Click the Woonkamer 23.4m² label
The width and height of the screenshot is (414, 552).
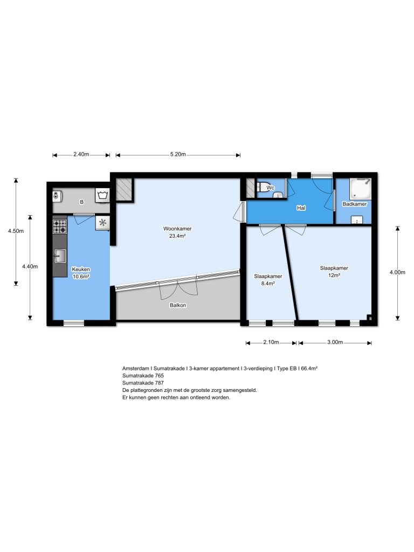[x=177, y=232]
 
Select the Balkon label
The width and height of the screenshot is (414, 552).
[x=177, y=305]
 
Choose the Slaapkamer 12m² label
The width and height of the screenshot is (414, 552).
[x=334, y=271]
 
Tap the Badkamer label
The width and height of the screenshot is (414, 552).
[x=354, y=204]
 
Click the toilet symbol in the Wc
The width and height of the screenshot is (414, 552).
[x=264, y=187]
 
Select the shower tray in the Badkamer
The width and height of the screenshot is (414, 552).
[x=360, y=189]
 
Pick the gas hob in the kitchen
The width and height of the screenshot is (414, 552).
[x=59, y=226]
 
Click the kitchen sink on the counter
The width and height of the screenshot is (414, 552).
[x=59, y=256]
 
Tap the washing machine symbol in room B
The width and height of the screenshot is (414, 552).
[x=102, y=195]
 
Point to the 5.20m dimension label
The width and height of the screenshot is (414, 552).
[x=177, y=155]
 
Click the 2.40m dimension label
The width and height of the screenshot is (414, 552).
[x=81, y=155]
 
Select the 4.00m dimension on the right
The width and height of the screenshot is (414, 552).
[x=397, y=272]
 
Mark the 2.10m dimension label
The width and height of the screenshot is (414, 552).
[x=271, y=342]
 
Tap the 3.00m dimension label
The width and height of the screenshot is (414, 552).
[x=335, y=342]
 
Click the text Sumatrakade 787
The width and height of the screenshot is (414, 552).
[x=143, y=383]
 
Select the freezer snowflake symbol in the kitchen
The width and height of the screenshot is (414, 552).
[x=102, y=222]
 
